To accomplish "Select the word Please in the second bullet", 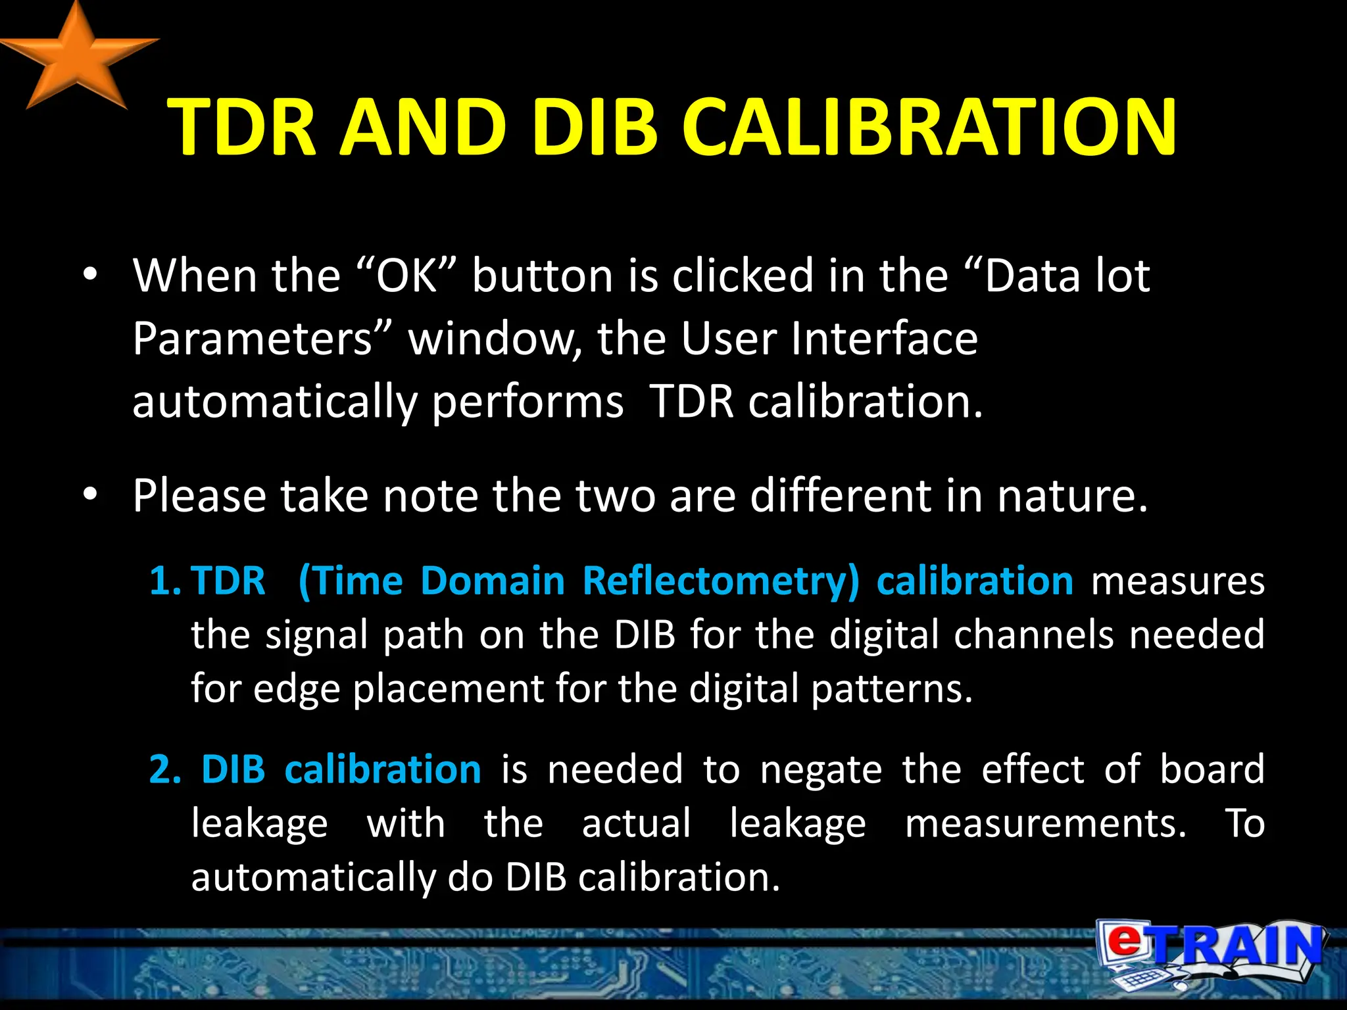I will coord(199,496).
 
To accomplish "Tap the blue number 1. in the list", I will coord(164,581).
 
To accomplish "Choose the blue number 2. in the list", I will coord(165,769).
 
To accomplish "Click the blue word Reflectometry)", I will coord(721,581).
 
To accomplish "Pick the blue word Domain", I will coord(493,581).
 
